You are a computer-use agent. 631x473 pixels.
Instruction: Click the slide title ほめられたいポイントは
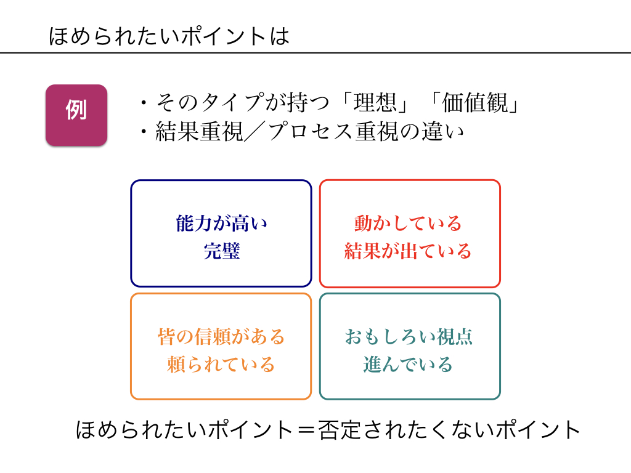click(x=169, y=36)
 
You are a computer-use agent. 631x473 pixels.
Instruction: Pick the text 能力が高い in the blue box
click(x=221, y=224)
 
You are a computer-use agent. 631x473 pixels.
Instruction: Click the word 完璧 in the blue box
click(x=221, y=251)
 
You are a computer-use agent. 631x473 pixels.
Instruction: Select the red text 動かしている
click(x=409, y=224)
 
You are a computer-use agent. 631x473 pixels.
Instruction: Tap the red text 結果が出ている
click(x=409, y=251)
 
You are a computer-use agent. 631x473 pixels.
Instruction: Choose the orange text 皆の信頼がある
click(x=221, y=337)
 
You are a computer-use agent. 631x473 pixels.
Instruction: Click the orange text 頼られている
click(x=221, y=365)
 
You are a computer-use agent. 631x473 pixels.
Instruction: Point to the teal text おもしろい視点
click(x=409, y=337)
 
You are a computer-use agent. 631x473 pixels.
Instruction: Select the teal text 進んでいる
click(x=409, y=365)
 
